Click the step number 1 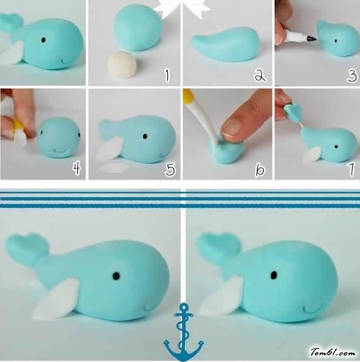[167, 76]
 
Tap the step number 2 [260, 76]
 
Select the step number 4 [77, 168]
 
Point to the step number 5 [170, 169]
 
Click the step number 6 [259, 170]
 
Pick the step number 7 [351, 169]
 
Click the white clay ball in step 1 [122, 64]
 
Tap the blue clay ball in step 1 [138, 28]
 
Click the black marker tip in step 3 [312, 38]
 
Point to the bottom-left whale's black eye [116, 275]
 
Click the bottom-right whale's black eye [274, 275]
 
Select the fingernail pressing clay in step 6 [231, 126]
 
